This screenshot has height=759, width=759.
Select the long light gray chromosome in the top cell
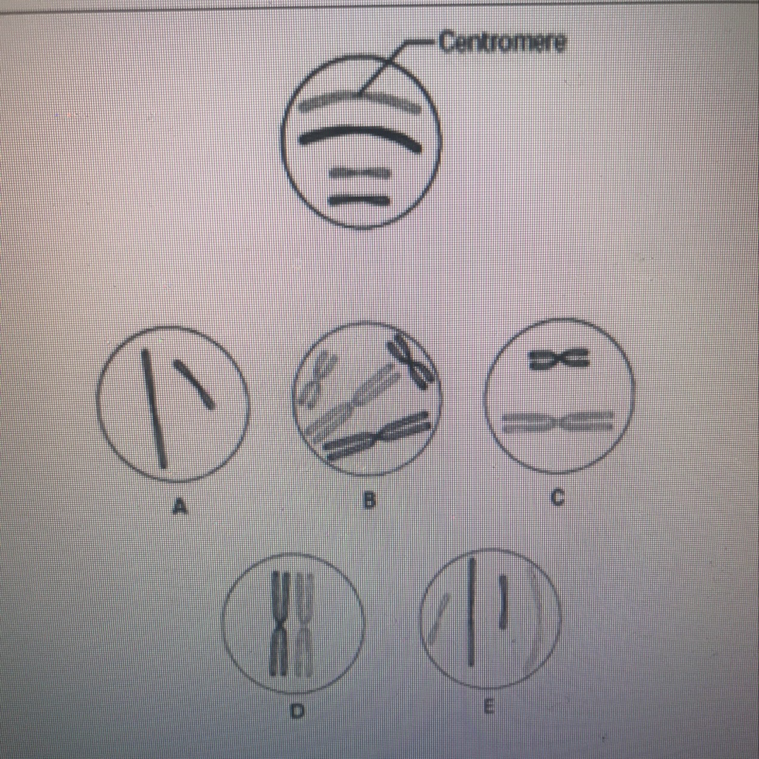coord(359,101)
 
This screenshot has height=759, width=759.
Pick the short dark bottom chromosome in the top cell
coord(359,201)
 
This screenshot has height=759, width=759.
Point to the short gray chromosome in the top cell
coord(359,173)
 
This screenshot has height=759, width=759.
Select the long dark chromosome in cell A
coord(154,410)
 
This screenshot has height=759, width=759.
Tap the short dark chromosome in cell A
coord(194,384)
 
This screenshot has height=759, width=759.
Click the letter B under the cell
coord(368,502)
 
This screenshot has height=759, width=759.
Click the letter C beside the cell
coord(557,498)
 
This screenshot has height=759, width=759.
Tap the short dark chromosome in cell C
coord(559,360)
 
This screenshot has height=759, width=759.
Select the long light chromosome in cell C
coord(558,423)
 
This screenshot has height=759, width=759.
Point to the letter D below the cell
coord(297,711)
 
